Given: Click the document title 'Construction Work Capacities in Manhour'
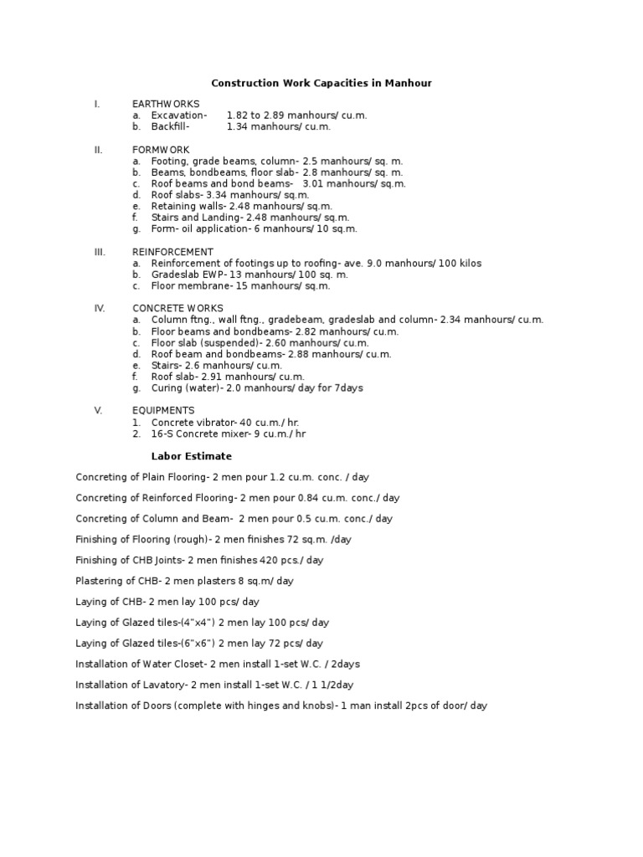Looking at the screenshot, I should tap(321, 84).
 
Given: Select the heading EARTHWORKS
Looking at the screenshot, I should tap(166, 104).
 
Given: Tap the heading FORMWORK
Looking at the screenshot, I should tap(161, 150).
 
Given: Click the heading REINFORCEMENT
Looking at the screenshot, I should tap(172, 252).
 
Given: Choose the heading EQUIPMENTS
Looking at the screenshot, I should tap(163, 411).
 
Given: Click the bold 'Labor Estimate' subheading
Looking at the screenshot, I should tap(191, 456).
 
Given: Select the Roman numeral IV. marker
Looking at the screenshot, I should tap(100, 308).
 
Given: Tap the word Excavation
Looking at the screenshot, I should tap(177, 115).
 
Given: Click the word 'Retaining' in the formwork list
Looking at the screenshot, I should tap(171, 206).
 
